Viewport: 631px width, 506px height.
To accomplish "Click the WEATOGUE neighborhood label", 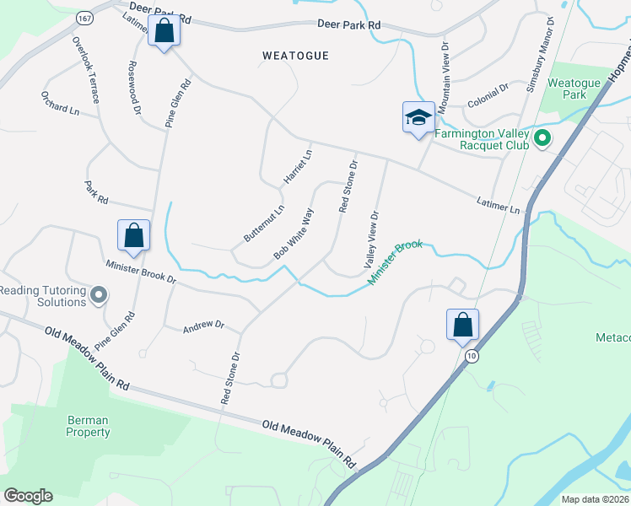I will click(x=294, y=56).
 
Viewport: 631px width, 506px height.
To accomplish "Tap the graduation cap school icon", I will click(x=418, y=117).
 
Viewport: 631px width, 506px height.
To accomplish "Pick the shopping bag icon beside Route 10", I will click(x=462, y=325).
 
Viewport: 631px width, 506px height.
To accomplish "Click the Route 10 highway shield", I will click(x=470, y=357).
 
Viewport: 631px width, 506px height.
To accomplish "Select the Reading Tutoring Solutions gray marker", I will click(x=99, y=295).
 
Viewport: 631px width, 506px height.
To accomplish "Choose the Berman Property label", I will click(x=89, y=426).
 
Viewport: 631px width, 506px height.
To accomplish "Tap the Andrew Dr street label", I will click(x=203, y=324).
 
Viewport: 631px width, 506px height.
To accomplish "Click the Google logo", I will click(x=28, y=496).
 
